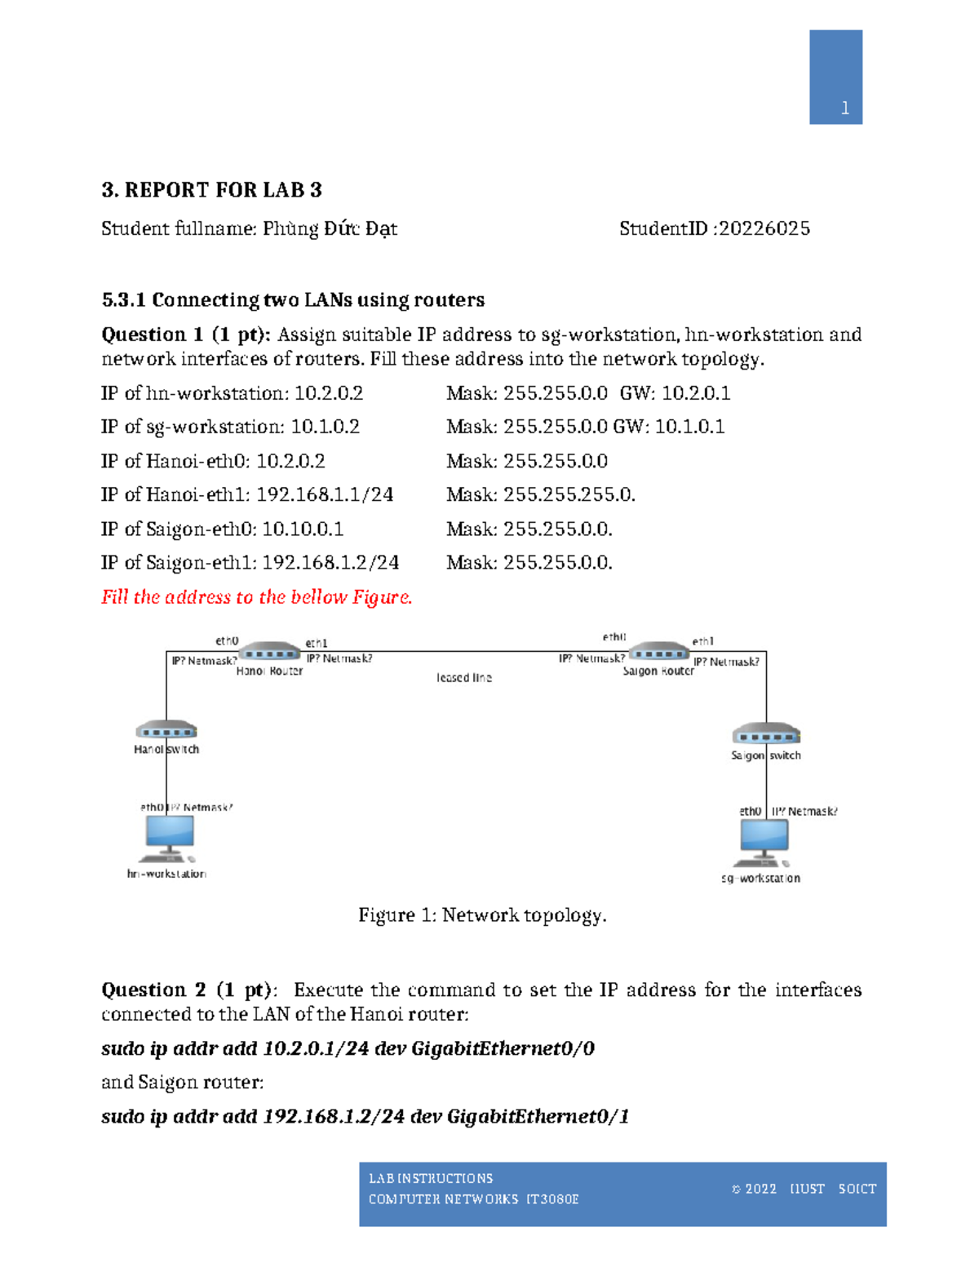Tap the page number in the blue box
point(845,108)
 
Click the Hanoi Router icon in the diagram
point(268,653)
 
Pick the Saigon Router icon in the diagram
point(658,653)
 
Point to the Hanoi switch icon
point(166,730)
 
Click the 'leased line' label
point(463,678)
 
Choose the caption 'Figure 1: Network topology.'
point(482,915)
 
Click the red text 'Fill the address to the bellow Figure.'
point(256,597)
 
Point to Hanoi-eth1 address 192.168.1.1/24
point(325,494)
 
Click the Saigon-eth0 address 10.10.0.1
point(303,529)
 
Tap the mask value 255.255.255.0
point(569,494)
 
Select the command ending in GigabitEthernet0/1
point(365,1116)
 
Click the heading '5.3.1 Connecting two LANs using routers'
point(293,299)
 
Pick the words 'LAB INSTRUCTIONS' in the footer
point(431,1178)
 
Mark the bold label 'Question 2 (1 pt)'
point(186,990)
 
